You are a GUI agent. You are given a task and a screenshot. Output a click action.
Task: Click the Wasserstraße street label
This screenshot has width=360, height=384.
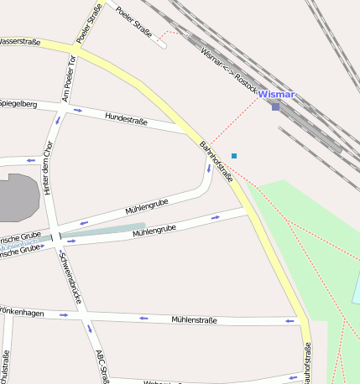[20, 41]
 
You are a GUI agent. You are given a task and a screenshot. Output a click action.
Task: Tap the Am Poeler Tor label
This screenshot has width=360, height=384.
[70, 80]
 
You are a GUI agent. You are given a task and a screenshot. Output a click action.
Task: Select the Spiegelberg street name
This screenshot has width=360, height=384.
[18, 104]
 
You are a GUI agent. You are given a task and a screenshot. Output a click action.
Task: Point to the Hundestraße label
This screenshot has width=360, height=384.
[126, 119]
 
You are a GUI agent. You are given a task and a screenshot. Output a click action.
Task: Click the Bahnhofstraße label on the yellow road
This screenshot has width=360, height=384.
[216, 161]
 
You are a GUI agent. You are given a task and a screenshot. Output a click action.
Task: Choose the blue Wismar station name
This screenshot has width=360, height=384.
[277, 95]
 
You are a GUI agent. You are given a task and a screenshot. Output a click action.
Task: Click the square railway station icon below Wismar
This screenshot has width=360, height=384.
[275, 106]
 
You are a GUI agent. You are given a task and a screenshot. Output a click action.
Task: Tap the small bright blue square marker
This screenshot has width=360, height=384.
[234, 156]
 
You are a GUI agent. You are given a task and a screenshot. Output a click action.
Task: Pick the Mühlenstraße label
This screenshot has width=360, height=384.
[194, 319]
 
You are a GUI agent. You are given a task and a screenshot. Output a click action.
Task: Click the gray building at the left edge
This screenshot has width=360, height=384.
[17, 195]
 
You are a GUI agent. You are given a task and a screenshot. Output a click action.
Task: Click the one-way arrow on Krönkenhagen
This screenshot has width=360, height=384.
[64, 315]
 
